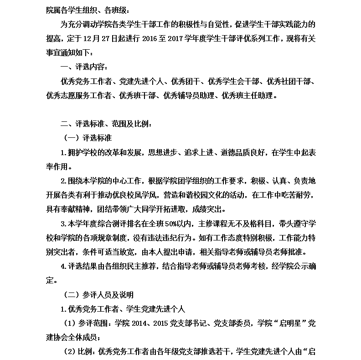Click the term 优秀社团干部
(289, 82)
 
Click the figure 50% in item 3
(175, 224)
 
